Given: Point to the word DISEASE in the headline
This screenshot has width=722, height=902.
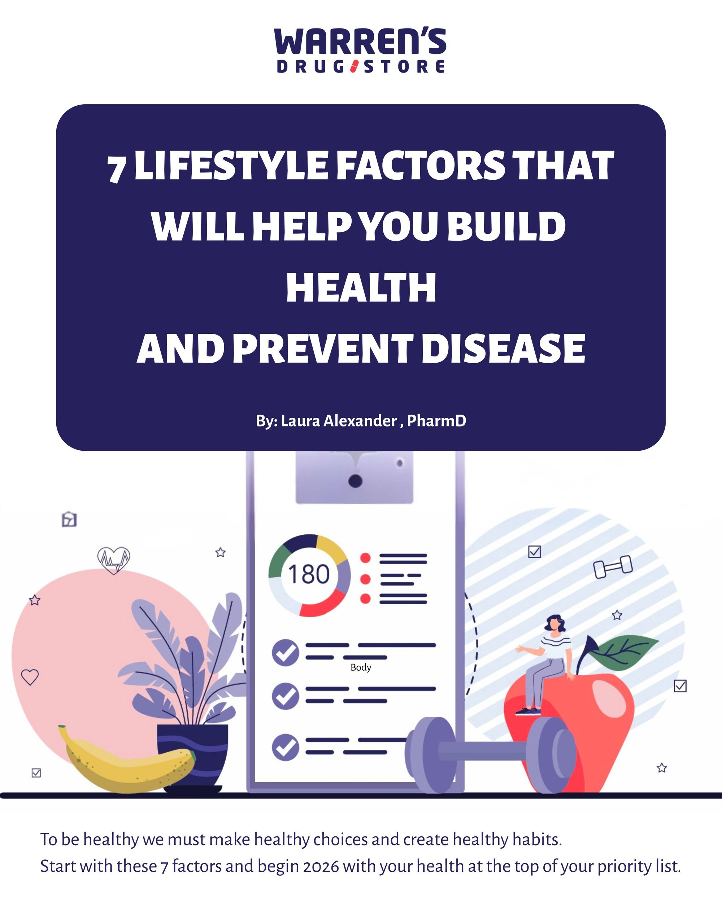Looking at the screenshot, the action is pos(503,349).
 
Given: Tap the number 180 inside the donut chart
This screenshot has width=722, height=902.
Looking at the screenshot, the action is pos(309,574).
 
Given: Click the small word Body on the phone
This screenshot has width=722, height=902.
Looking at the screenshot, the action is pos(361,667).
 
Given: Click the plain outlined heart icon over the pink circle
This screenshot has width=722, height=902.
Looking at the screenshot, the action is pos(30,676).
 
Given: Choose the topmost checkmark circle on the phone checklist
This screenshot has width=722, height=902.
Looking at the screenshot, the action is pos(286,652).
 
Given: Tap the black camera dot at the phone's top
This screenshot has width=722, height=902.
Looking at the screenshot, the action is pos(355,481).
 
